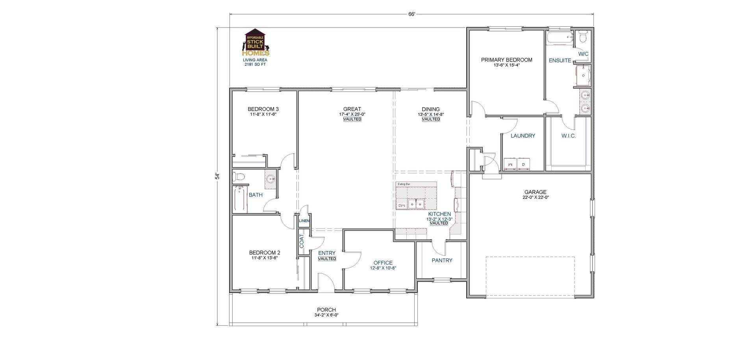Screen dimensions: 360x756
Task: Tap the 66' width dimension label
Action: [x=411, y=14]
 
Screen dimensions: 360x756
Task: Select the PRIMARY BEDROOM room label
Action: [x=506, y=60]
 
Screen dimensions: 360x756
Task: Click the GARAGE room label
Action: [x=535, y=192]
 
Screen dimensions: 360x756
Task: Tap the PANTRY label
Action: [x=442, y=260]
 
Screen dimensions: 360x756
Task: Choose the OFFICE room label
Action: [x=383, y=263]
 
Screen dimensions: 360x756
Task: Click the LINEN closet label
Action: [x=304, y=221]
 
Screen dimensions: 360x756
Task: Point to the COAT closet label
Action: [x=302, y=241]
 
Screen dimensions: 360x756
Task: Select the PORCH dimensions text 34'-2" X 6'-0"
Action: [x=326, y=315]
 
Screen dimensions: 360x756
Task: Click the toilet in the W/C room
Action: [x=583, y=37]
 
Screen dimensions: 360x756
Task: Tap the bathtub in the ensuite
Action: [x=560, y=38]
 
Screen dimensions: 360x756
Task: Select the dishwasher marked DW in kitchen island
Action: [x=401, y=205]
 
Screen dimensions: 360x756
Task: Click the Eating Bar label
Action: [x=404, y=184]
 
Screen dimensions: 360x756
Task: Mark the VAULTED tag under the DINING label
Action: [x=431, y=119]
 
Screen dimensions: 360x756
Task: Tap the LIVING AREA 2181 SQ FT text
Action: [x=255, y=62]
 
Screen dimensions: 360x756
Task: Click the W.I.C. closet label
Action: [x=568, y=136]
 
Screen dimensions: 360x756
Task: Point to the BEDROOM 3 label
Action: [x=263, y=109]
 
